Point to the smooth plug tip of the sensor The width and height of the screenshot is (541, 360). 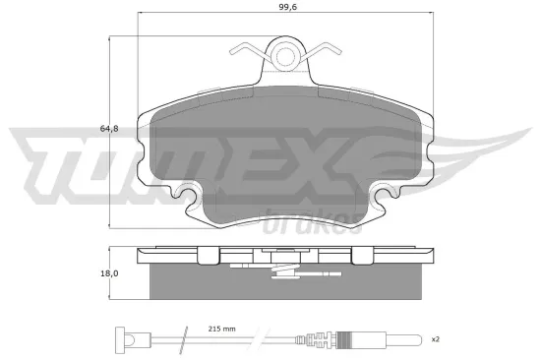click(400, 340)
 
